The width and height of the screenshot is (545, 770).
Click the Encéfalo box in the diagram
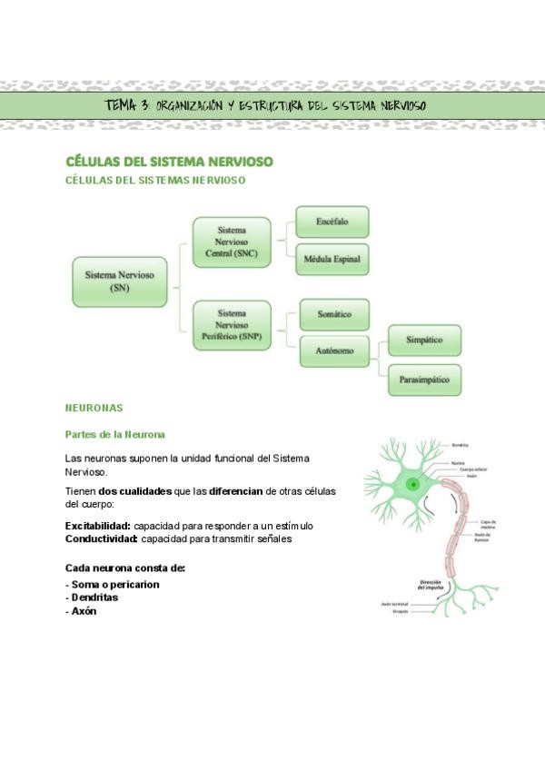pos(332,222)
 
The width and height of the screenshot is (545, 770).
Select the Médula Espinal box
pos(332,259)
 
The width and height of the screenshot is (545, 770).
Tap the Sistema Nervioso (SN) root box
pos(119,281)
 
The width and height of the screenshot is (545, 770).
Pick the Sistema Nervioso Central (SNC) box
pos(232,242)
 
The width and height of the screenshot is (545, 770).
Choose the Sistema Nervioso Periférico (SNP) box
pos(232,326)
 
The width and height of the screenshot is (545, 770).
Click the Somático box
pos(333,314)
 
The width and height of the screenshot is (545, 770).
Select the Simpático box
pos(424,341)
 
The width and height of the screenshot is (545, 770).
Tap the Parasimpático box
pos(424,380)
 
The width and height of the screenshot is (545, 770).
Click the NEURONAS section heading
pos(94,409)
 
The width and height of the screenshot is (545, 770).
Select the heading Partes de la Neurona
pos(114,435)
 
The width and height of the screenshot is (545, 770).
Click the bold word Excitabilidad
pos(98,526)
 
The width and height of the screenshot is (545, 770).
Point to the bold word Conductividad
pos(101,538)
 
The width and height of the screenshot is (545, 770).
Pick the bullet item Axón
pos(84,611)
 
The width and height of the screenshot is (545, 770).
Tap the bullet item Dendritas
pos(94,597)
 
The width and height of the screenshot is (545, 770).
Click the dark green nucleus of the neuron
pos(413,485)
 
